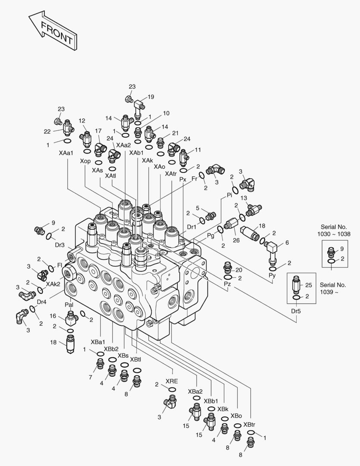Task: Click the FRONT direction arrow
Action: coord(52,32)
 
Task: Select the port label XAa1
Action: coord(66,153)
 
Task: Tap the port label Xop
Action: coord(85,161)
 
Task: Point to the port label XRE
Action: coord(172,381)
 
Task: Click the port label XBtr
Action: coord(250,425)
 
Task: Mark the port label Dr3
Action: coord(59,245)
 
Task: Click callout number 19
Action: coord(151,97)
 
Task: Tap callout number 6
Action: coord(287,243)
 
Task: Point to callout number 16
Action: coord(53,316)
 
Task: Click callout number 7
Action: coord(91,378)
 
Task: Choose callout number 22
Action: coord(47,131)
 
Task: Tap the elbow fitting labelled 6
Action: coord(271,251)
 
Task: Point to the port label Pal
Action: coord(69,305)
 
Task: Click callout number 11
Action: coord(198,150)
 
